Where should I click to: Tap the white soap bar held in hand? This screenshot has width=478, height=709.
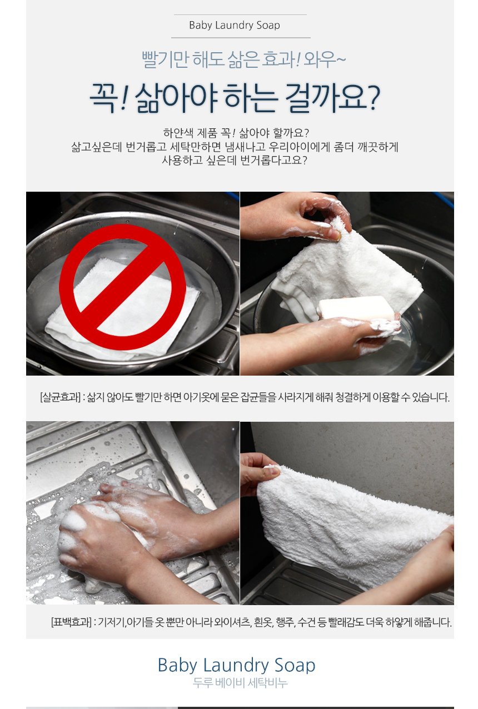click(357, 308)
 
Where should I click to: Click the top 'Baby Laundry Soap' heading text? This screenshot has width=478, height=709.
click(234, 26)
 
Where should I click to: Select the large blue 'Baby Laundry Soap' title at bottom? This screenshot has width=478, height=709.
click(236, 665)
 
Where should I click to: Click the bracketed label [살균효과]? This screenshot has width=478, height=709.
click(60, 397)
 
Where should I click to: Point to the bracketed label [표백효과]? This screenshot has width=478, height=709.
click(71, 622)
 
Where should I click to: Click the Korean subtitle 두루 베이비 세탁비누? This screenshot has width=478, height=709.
click(240, 683)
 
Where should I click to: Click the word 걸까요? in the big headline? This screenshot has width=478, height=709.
click(332, 97)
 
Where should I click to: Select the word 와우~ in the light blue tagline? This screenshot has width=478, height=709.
click(324, 59)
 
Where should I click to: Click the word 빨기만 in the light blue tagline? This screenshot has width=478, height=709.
click(165, 59)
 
